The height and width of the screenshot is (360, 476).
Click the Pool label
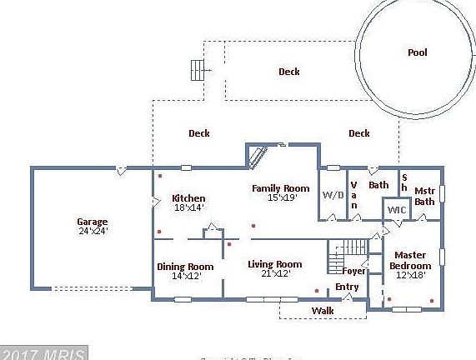pos(417,52)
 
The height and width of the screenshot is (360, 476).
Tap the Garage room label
pos(93,222)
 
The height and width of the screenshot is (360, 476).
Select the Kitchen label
pos(188,198)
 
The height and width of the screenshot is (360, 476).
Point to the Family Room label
pos(281,188)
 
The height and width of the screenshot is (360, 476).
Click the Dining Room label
pos(185,267)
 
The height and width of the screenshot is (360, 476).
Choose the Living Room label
pos(274,264)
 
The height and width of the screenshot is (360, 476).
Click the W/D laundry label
pos(333,194)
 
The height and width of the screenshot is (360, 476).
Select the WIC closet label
pos(396,209)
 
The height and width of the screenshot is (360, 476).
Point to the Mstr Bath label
pos(424,195)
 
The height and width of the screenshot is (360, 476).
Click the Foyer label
pos(353,270)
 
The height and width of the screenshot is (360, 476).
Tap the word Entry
pos(347,287)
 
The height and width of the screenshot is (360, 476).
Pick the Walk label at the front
pos(323,311)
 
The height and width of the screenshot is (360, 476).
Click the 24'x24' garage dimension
pos(93,230)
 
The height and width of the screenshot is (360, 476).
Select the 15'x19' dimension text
pos(282,197)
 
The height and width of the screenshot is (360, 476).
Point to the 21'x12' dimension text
pos(274,273)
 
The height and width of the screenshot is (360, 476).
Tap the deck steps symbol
pos(198,70)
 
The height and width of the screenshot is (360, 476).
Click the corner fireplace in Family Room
pos(258,156)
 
